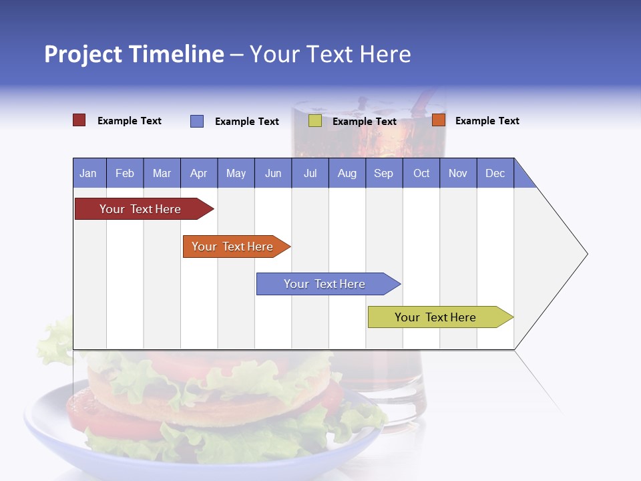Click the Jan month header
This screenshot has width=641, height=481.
coord(89,174)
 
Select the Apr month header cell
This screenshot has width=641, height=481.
coord(199,174)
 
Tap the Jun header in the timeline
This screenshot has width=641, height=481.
coord(273,174)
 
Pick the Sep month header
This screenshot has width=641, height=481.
coord(384,174)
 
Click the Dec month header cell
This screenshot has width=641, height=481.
coord(495,174)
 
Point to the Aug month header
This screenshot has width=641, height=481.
coord(347,174)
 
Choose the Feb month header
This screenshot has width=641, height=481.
coord(125,174)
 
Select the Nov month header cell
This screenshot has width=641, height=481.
coord(458,174)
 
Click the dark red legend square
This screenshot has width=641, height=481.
coord(79,120)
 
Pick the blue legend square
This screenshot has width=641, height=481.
coord(197,121)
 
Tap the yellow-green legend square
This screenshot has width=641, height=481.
coord(315,121)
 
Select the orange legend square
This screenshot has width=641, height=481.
coord(439,120)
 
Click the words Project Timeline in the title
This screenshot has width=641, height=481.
coord(134,54)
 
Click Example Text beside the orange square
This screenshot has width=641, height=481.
coord(487,121)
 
